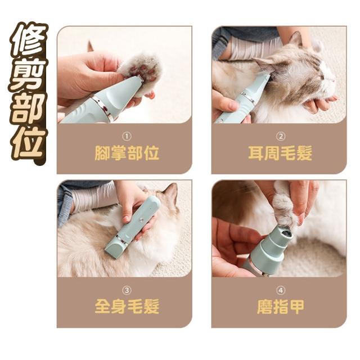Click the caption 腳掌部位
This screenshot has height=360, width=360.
click(127, 153)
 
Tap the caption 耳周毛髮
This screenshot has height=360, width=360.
click(280, 153)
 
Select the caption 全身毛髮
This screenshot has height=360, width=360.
click(127, 307)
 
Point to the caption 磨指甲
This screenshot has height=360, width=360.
click(280, 307)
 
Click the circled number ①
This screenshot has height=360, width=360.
click(127, 137)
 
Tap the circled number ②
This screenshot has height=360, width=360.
click(280, 137)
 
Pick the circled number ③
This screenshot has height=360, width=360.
click(127, 290)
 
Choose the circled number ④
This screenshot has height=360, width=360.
click(280, 290)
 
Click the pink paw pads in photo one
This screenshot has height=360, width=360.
click(143, 71)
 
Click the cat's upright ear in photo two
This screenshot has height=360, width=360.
click(296, 39)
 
